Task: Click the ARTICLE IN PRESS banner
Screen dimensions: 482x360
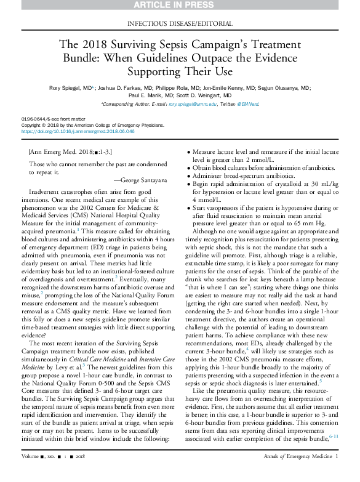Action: pyautogui.click(x=180, y=6)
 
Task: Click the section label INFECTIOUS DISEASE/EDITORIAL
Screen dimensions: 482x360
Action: pyautogui.click(x=180, y=24)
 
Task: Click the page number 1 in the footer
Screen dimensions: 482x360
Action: pyautogui.click(x=337, y=473)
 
